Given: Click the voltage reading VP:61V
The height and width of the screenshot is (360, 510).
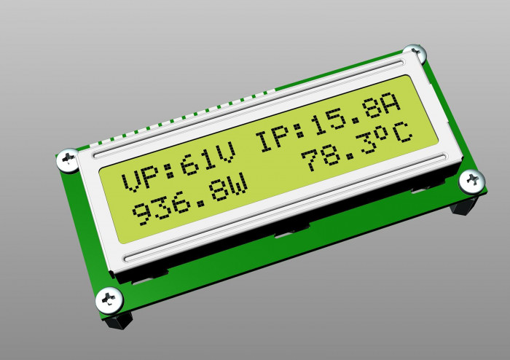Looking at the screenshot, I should click(178, 170).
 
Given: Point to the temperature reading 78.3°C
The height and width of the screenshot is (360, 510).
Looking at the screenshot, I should click(357, 149).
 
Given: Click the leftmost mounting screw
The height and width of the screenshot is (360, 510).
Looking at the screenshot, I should click(68, 160).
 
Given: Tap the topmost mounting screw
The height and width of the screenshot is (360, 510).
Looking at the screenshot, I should click(415, 53).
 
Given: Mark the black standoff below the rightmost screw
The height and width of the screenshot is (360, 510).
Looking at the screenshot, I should click(464, 205).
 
